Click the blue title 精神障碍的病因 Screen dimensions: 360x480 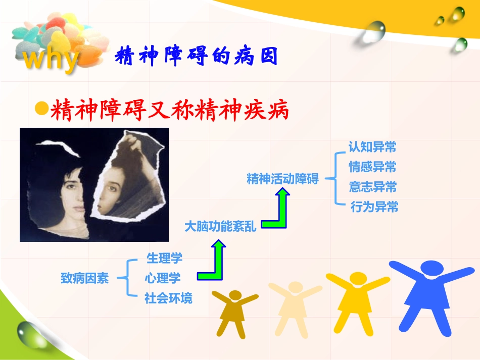197,57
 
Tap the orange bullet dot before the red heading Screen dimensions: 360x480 41,108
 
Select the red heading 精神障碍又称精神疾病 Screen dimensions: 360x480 169,110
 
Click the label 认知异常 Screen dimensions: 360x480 372,147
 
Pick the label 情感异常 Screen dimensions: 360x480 372,167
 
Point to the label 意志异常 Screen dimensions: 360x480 372,187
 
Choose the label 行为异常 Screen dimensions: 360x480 374,207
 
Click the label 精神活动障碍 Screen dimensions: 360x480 282,179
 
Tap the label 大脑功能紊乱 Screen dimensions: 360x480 220,227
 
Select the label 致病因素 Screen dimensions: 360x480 84,278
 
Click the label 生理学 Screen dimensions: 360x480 164,259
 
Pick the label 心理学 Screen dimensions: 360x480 162,278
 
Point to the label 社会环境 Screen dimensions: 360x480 168,298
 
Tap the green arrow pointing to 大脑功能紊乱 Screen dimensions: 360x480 215,262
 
